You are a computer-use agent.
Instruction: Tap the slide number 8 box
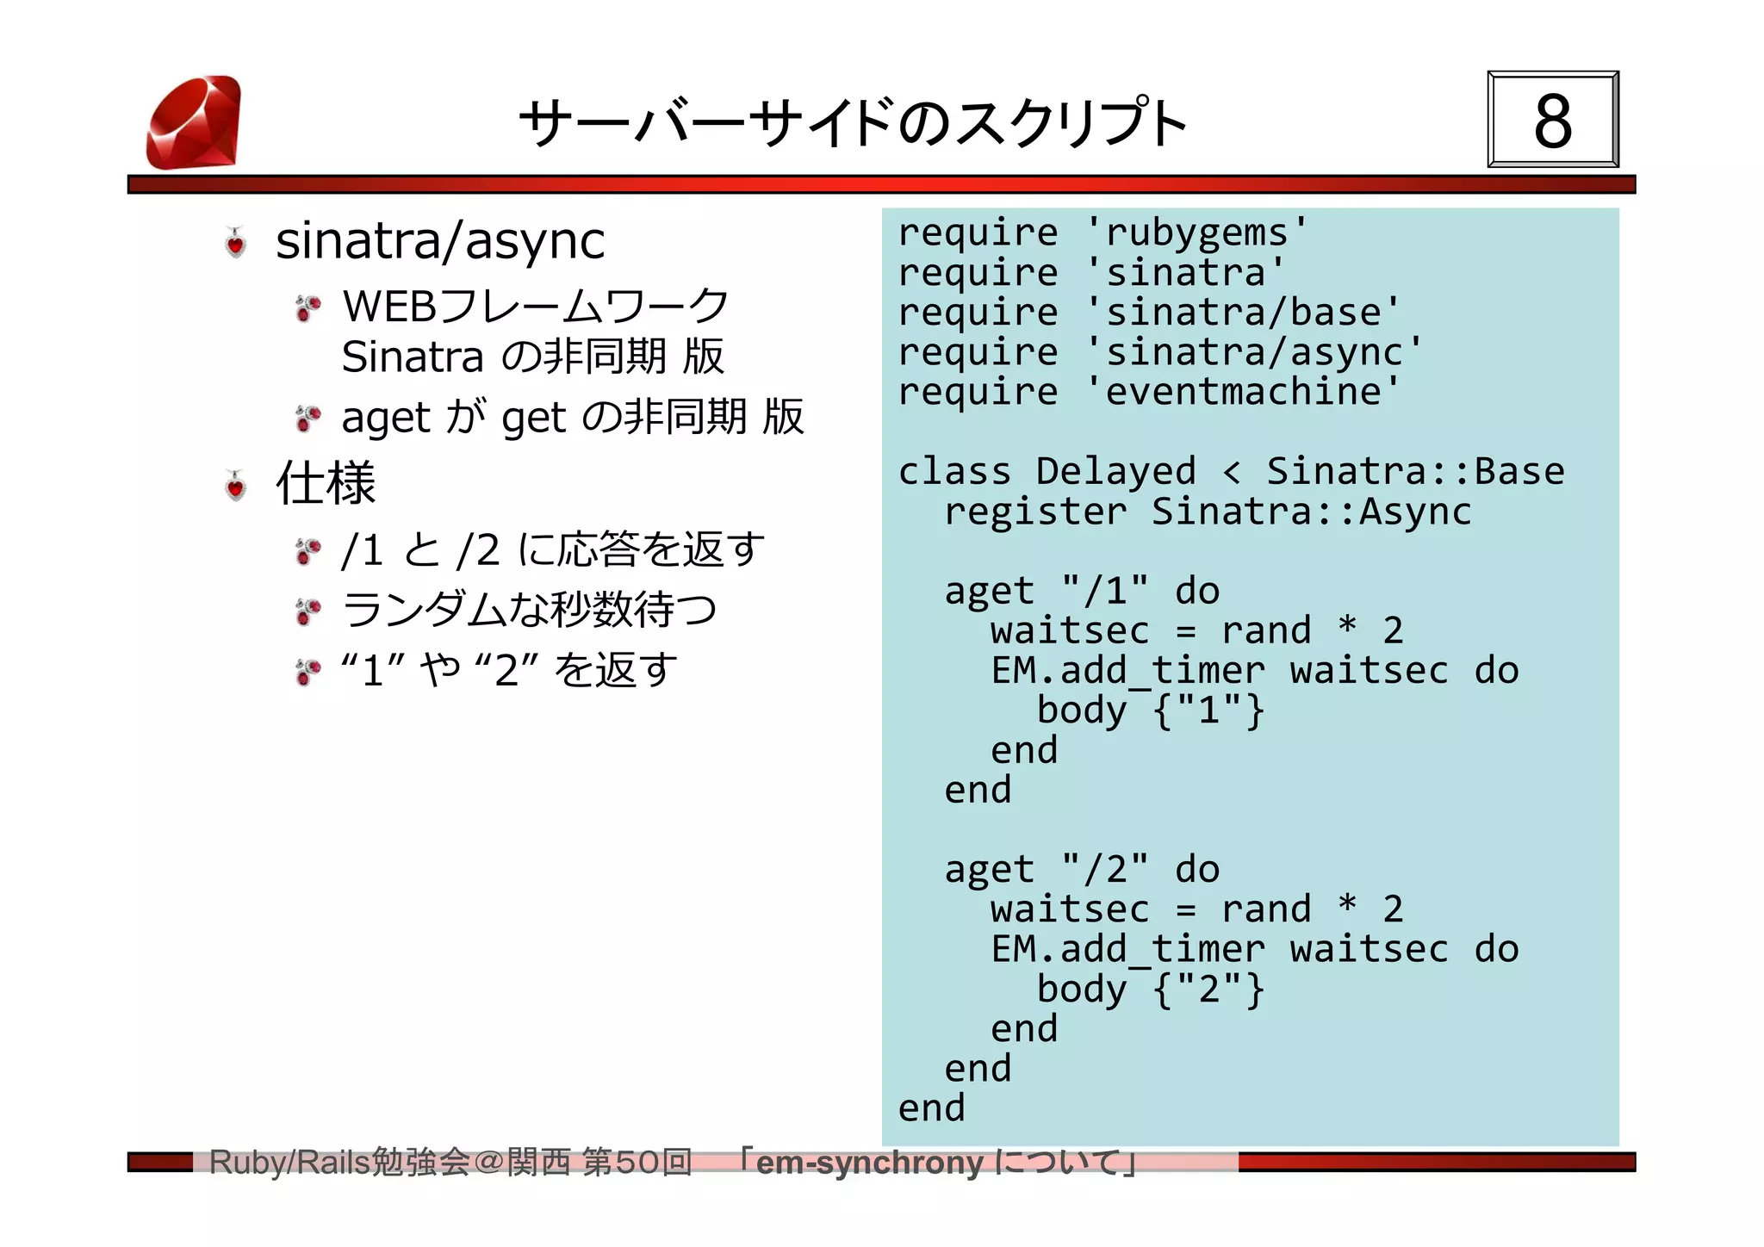point(1552,120)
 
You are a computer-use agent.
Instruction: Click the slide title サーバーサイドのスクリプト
point(853,123)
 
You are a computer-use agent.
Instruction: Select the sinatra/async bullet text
point(439,240)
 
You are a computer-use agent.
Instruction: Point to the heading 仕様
point(326,483)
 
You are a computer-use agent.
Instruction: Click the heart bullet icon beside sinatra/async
point(235,243)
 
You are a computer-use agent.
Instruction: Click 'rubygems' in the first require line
point(1197,233)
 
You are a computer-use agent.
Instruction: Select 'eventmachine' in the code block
point(1243,392)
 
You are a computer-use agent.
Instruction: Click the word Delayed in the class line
point(1115,471)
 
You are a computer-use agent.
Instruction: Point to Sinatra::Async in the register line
point(1311,512)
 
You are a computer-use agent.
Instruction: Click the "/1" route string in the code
point(1105,591)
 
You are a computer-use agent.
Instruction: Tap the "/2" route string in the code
point(1105,870)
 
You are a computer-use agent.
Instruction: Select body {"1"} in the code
point(1150,710)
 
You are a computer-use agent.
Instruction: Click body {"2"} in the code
point(1150,990)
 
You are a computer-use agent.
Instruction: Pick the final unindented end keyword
point(931,1108)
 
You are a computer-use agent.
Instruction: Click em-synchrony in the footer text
point(869,1163)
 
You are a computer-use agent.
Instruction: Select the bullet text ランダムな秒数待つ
point(529,610)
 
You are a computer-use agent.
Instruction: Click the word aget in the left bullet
point(385,419)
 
